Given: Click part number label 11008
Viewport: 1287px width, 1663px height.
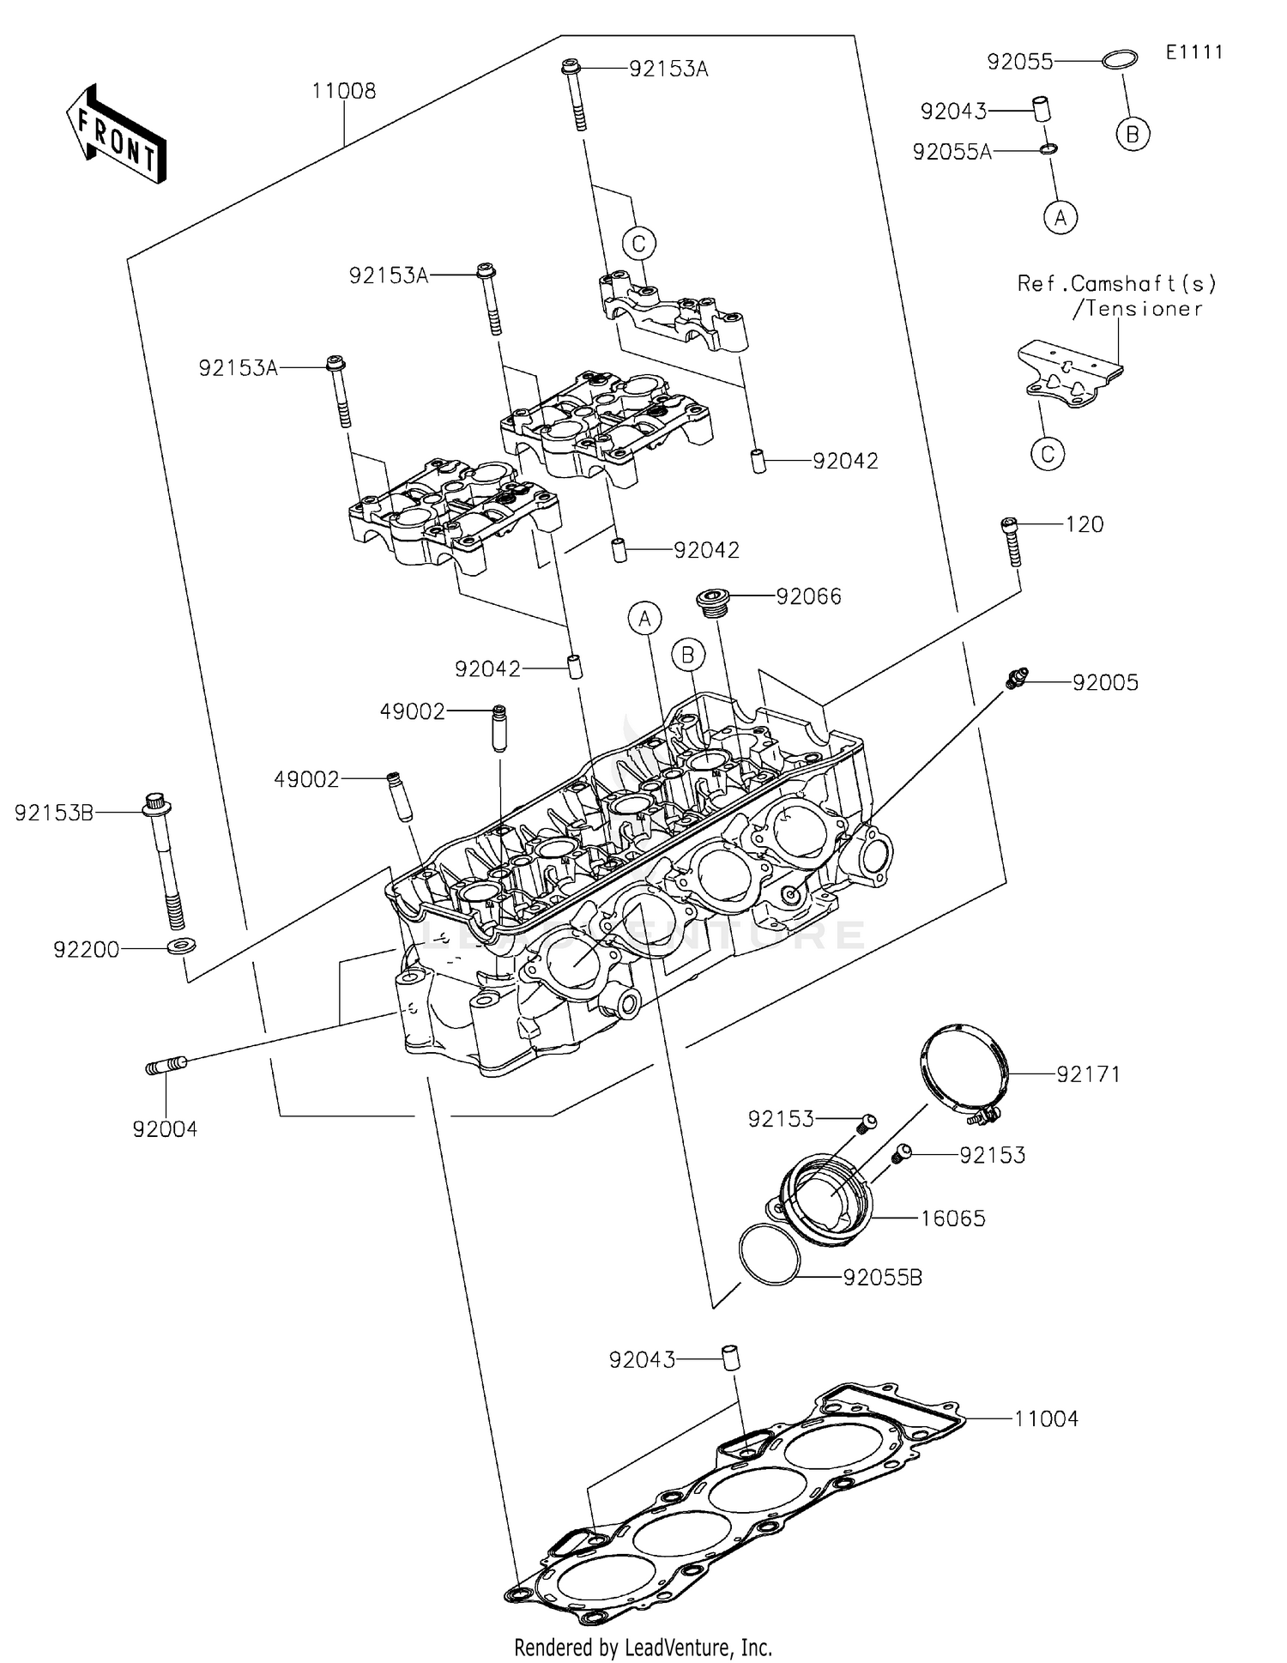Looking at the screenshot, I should pos(343,91).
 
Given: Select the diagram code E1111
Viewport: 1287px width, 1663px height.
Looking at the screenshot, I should pos(1193,52).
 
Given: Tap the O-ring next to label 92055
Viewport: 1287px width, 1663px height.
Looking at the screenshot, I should pos(1120,59).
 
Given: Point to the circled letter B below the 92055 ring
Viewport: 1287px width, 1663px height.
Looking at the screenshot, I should pos(1133,134).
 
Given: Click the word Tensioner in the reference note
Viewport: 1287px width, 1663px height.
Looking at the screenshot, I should pos(1143,309).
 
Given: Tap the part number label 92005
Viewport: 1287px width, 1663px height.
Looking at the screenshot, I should pos(1105,683).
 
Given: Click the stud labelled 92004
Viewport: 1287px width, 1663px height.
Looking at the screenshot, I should pos(166,1066).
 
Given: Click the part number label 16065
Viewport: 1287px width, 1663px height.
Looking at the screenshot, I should pos(952,1219).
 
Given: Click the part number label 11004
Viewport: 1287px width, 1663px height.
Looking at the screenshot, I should pos(1046,1418).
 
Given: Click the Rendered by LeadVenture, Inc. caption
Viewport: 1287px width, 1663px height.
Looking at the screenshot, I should pos(643,1647).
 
